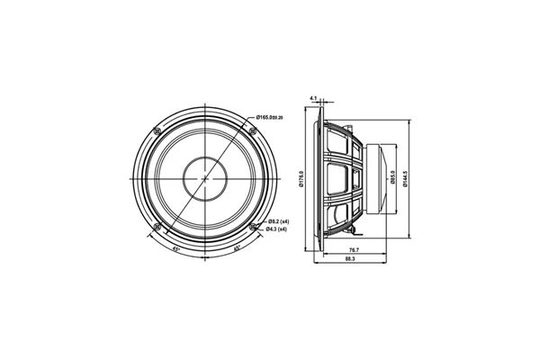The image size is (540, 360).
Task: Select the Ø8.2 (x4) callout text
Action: pyautogui.click(x=277, y=220)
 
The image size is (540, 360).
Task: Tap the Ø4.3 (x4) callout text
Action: pyautogui.click(x=277, y=229)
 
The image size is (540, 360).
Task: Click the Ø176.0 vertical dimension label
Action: pyautogui.click(x=301, y=180)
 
